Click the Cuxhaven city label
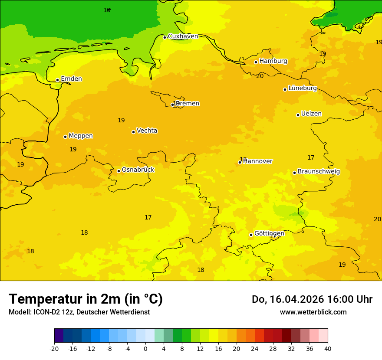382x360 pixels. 183,36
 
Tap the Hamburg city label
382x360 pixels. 273,61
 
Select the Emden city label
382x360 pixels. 71,79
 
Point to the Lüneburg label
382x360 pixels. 302,88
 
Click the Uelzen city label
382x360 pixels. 311,114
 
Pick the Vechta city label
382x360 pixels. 147,131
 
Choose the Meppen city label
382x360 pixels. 80,136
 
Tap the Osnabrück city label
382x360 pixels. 138,170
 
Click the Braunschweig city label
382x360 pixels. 319,172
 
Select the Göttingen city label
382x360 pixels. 269,234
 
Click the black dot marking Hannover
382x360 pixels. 240,163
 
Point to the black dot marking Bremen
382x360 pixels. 172,105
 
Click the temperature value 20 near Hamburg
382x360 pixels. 260,76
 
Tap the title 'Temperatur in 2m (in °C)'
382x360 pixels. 86,299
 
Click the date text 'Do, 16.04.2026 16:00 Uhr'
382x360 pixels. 312,299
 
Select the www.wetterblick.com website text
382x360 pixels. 313,312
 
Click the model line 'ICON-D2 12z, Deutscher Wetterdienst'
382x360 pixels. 79,312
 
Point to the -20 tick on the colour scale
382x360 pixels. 54,348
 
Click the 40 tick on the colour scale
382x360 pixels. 328,348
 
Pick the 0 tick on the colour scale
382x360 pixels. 145,348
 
